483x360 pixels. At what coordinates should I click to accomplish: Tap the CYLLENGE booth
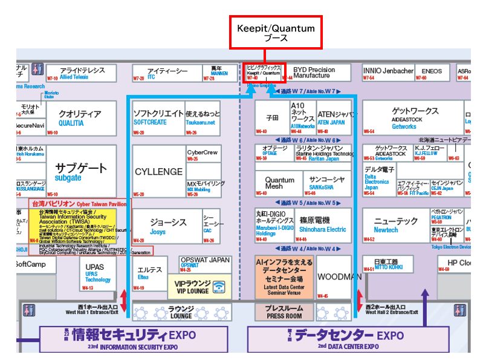[x=158, y=172]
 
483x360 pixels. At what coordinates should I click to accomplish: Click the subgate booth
[x=81, y=172]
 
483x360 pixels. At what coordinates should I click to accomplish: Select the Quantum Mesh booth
[x=279, y=183]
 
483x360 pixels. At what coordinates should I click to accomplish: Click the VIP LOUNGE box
[x=199, y=286]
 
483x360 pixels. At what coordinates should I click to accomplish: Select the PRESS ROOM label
[x=284, y=311]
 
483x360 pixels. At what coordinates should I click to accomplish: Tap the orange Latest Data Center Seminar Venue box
[x=284, y=277]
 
